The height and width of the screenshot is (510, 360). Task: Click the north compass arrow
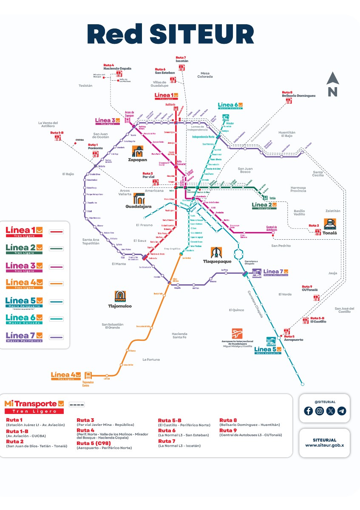[332, 79]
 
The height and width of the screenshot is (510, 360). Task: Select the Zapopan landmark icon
[139, 151]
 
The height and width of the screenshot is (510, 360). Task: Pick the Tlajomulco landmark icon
[120, 296]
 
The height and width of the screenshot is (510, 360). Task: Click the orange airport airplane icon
[237, 334]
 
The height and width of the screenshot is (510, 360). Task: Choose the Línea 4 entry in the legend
[24, 283]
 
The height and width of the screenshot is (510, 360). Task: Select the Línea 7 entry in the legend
[24, 337]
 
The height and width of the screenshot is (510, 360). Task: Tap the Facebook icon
[308, 411]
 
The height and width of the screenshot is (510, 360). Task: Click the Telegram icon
[342, 411]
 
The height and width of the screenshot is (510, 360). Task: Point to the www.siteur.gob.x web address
[324, 445]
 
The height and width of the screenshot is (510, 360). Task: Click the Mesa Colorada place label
[205, 75]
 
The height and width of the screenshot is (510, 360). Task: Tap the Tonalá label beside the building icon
[330, 233]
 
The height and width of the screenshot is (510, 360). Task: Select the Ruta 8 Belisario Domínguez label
[298, 94]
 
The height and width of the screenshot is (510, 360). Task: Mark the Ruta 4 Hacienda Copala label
[117, 67]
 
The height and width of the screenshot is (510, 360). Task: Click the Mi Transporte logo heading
[34, 404]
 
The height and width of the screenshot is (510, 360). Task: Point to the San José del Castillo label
[344, 310]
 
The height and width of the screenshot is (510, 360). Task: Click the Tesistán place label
[85, 85]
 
